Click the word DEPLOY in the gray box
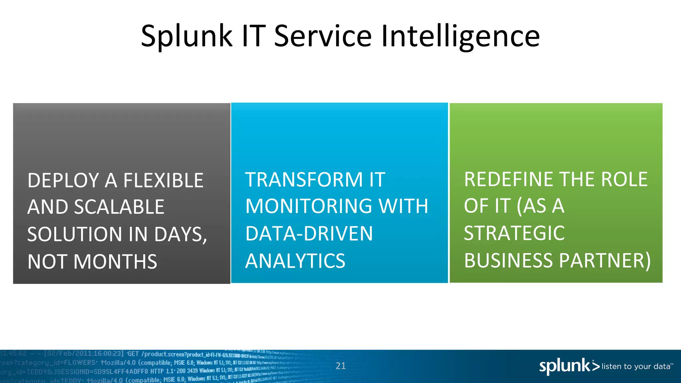point(63,181)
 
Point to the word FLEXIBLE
point(163,181)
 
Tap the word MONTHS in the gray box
point(115,262)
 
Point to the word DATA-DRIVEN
point(309,233)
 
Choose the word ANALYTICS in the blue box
point(295,261)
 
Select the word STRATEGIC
point(514,233)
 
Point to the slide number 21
point(340,366)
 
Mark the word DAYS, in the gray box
point(181,234)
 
